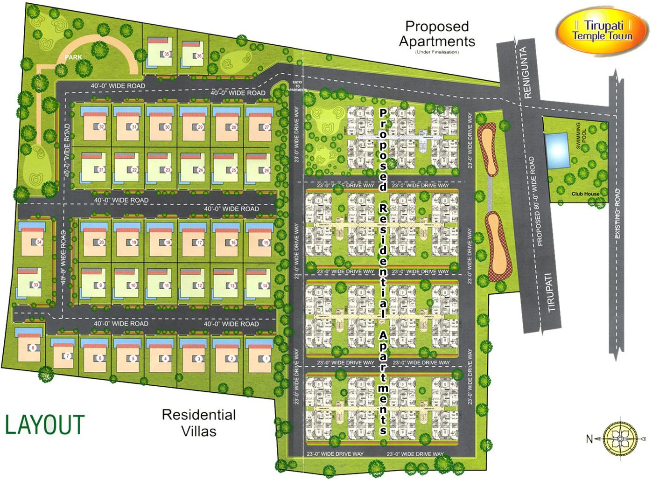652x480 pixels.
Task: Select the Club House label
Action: point(585,194)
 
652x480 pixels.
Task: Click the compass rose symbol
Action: point(620,439)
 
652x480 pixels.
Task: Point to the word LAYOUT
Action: point(45,425)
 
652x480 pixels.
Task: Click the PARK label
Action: point(73,57)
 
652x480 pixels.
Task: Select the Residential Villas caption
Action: point(198,423)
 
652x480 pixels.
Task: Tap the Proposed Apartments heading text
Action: point(436,34)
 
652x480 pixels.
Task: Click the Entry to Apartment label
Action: point(297,86)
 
